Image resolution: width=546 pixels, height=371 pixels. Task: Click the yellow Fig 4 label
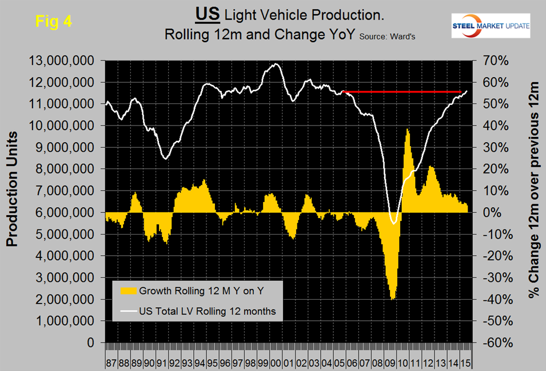[54, 21]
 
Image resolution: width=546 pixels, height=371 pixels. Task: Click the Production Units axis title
[13, 189]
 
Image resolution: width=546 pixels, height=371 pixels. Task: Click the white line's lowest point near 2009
[393, 223]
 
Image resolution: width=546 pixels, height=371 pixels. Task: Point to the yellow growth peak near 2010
[408, 130]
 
